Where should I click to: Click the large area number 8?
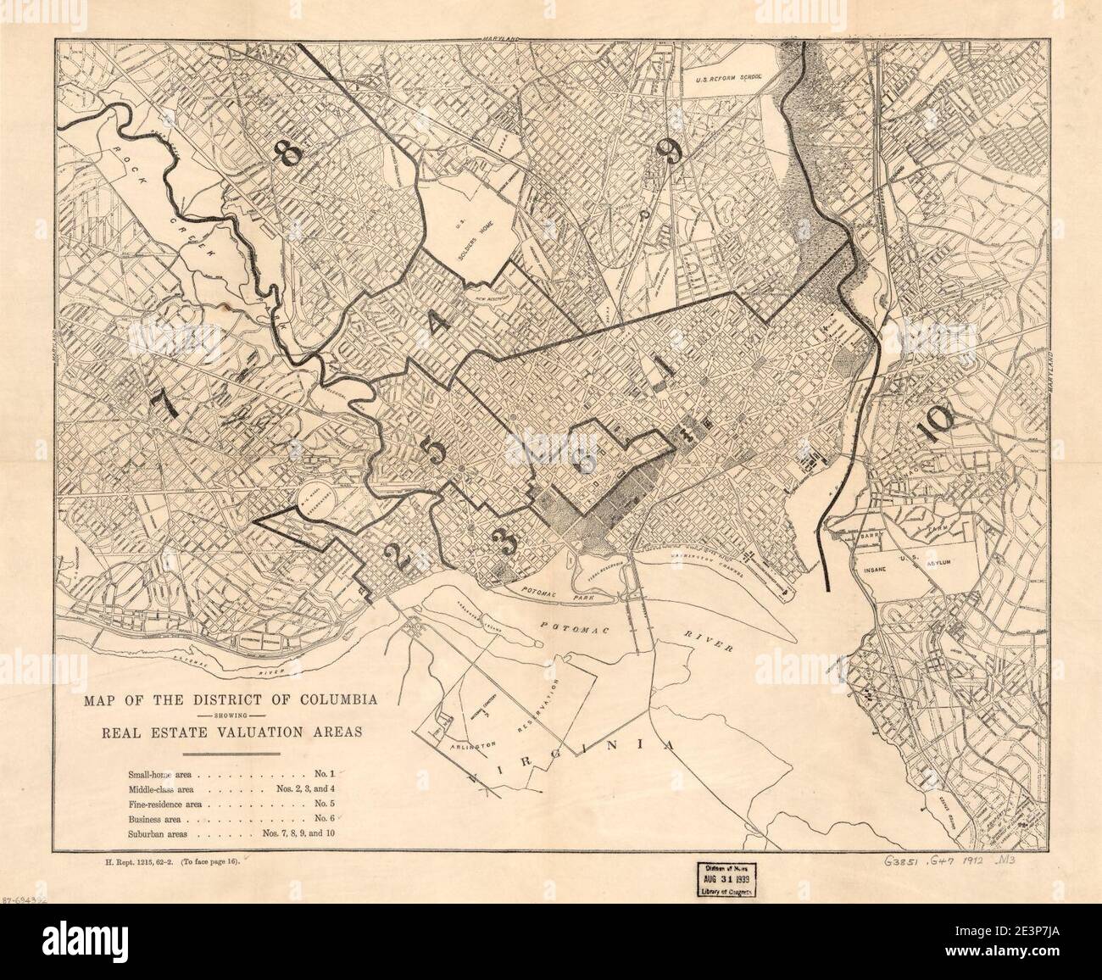coord(287,154)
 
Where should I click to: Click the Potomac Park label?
coord(543,598)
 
